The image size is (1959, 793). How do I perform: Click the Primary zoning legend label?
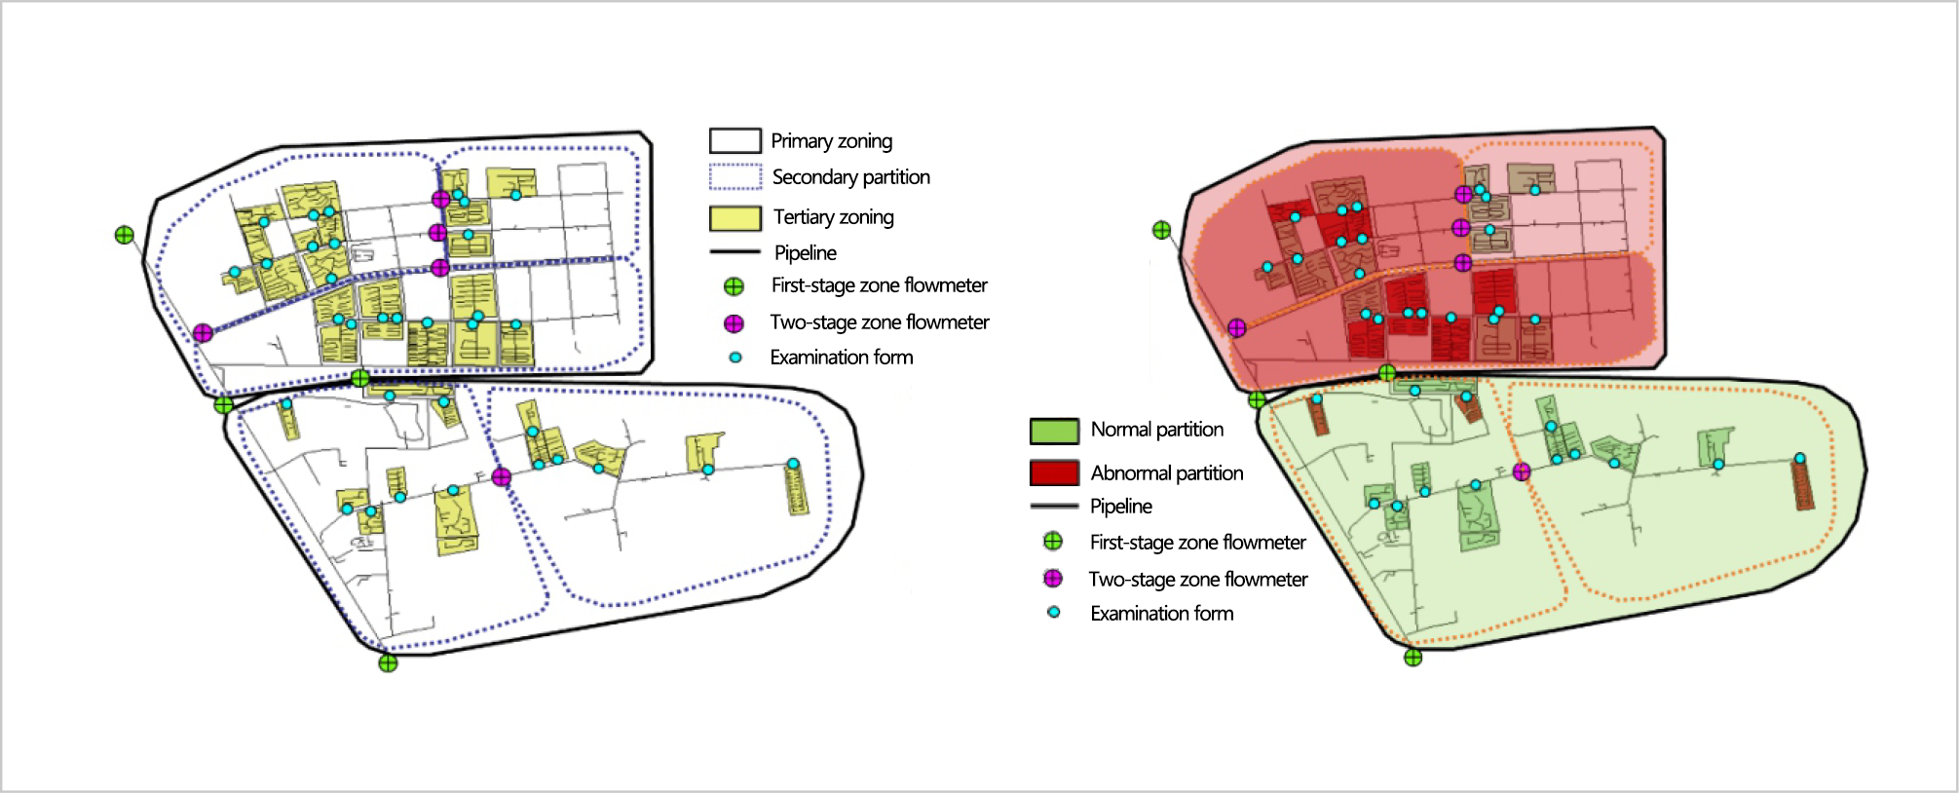[x=831, y=141]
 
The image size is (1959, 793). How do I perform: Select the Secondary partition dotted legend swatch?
[x=735, y=177]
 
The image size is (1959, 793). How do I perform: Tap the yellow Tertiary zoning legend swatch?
[x=735, y=218]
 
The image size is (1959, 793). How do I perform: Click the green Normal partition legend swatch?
[x=1054, y=431]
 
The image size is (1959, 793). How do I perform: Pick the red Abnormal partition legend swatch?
[x=1054, y=473]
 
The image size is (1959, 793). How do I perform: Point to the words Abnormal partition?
[x=1166, y=473]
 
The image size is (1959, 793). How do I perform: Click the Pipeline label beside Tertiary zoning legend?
[x=805, y=253]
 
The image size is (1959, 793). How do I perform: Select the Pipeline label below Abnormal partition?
[x=1120, y=507]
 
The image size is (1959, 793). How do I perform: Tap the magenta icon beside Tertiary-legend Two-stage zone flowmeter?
[x=734, y=323]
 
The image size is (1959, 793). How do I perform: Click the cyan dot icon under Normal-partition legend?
[x=1053, y=613]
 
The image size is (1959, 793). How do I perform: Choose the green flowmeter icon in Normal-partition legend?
[x=1053, y=542]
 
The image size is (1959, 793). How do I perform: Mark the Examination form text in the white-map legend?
[x=841, y=358]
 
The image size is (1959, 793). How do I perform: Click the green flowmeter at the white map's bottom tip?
[x=388, y=663]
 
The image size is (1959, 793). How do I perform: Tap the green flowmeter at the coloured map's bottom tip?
[x=1413, y=658]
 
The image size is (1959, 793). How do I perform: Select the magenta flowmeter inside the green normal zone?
[x=1522, y=472]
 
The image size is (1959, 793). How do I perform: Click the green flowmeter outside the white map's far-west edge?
[x=125, y=235]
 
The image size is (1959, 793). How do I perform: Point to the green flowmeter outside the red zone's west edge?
[x=1161, y=231]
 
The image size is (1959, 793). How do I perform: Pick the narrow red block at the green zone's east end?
[x=1802, y=485]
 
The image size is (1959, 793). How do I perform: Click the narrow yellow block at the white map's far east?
[x=796, y=489]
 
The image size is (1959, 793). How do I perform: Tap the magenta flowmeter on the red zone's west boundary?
[x=1237, y=328]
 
